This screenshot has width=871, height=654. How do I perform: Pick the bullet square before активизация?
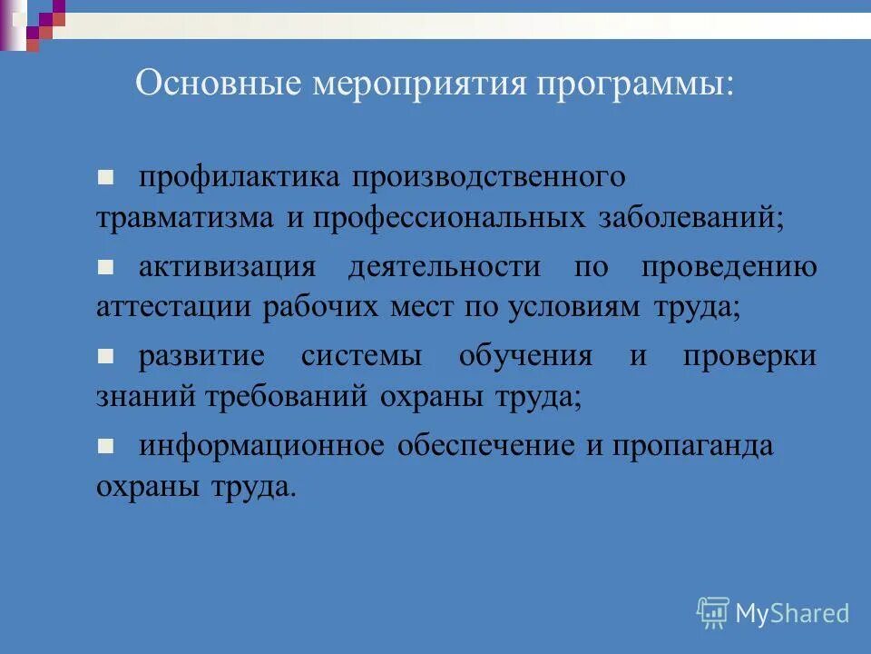[x=105, y=267]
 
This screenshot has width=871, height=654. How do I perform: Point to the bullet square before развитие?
[x=105, y=356]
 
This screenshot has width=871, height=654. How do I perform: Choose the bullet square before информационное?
[x=105, y=446]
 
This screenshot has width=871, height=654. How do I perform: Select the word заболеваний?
[x=690, y=219]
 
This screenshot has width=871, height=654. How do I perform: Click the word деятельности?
[x=444, y=267]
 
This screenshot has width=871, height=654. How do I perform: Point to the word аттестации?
[x=173, y=308]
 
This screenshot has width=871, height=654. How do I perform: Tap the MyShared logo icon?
[x=713, y=613]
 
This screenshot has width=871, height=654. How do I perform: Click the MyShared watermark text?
[x=792, y=613]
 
